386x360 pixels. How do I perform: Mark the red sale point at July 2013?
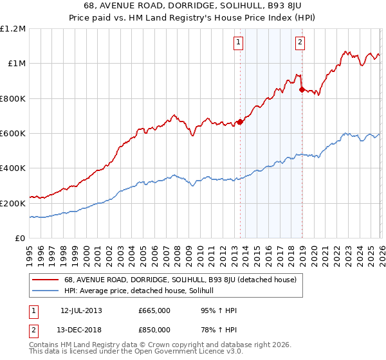coord(240,122)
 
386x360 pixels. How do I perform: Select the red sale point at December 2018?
coord(302,89)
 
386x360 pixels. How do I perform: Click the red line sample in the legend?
coord(46,280)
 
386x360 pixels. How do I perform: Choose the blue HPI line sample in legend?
coord(46,291)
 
